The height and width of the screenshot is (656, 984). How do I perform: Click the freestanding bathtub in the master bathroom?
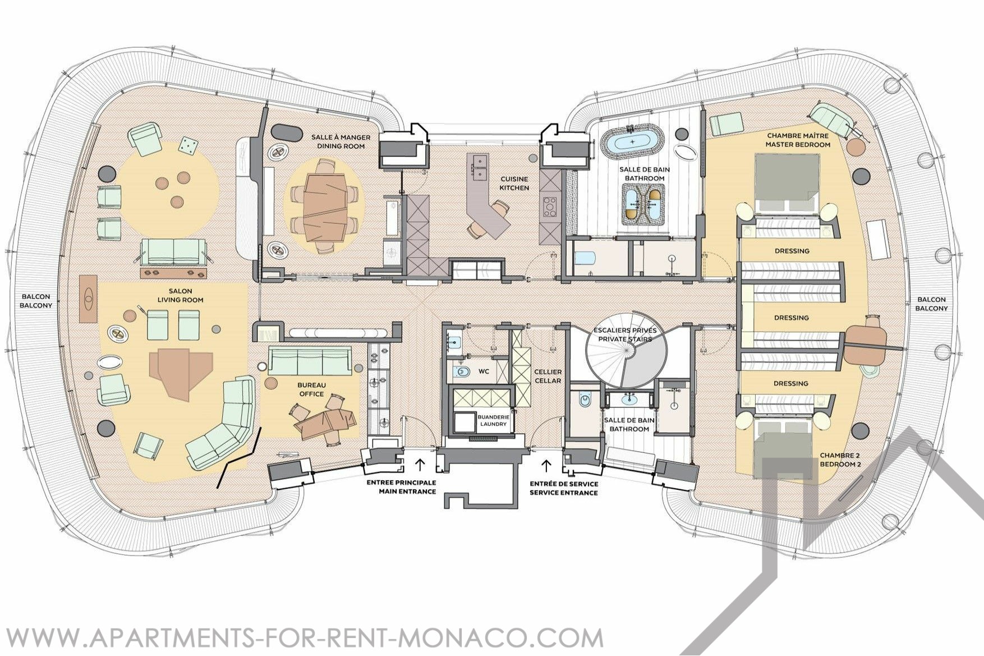[x=632, y=142]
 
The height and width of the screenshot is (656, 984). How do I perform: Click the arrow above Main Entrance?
[x=420, y=464]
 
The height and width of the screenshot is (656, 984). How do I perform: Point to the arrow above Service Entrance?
[x=546, y=464]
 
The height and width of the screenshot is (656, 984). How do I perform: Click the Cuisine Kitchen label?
[x=514, y=184]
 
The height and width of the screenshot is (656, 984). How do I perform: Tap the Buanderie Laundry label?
[x=493, y=420]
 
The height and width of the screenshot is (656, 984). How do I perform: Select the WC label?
[x=484, y=371]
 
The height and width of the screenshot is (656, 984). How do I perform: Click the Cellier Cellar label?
[x=548, y=376]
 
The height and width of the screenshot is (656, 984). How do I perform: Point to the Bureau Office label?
[x=311, y=389]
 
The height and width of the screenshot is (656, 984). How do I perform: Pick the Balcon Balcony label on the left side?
[x=36, y=301]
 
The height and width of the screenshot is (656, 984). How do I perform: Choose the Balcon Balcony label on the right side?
[x=931, y=304]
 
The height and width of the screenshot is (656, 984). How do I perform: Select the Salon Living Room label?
[x=180, y=295]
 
